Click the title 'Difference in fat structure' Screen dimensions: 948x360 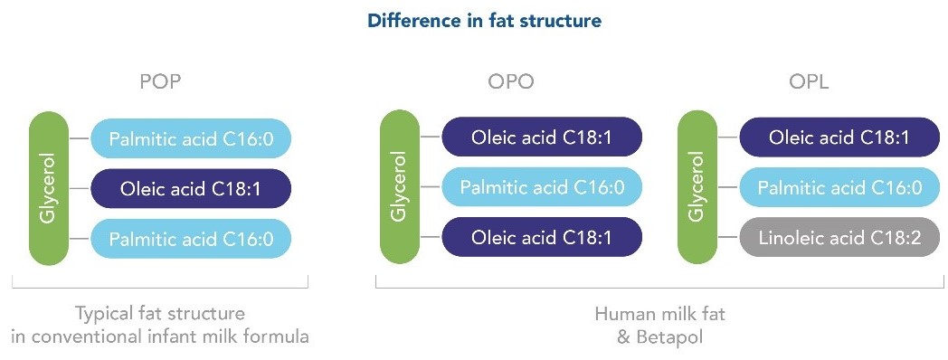click(x=485, y=21)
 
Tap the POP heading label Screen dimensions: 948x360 click(x=160, y=81)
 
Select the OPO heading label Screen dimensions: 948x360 click(x=511, y=81)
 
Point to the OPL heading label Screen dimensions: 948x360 click(x=809, y=81)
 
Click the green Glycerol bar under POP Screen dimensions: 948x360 click(x=49, y=189)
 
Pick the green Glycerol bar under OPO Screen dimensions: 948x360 click(x=400, y=189)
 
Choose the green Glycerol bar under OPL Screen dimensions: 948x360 click(x=697, y=189)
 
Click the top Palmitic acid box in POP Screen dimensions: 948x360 click(x=191, y=139)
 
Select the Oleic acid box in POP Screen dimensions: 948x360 click(x=191, y=189)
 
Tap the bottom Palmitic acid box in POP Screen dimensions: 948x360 click(x=191, y=239)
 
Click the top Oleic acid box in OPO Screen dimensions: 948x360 click(x=542, y=137)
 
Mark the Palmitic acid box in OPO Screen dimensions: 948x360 click(x=542, y=187)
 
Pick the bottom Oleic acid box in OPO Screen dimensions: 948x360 click(x=542, y=237)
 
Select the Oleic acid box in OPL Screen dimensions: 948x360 click(x=839, y=137)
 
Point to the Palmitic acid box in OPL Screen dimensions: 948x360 click(x=839, y=187)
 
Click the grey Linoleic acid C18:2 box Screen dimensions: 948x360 click(x=839, y=237)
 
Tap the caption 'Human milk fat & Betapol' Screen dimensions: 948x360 click(x=659, y=325)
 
